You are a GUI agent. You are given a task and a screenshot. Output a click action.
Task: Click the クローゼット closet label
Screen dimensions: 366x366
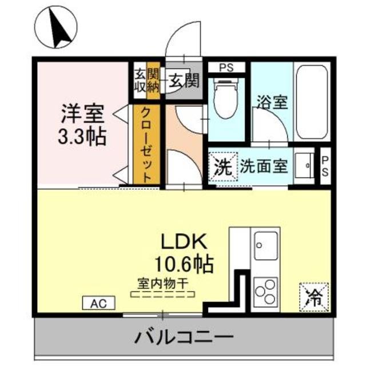point(146,146)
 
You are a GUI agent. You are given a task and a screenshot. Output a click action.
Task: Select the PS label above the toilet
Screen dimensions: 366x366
point(226,67)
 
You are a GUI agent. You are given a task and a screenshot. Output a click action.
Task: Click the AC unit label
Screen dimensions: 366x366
point(99,302)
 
